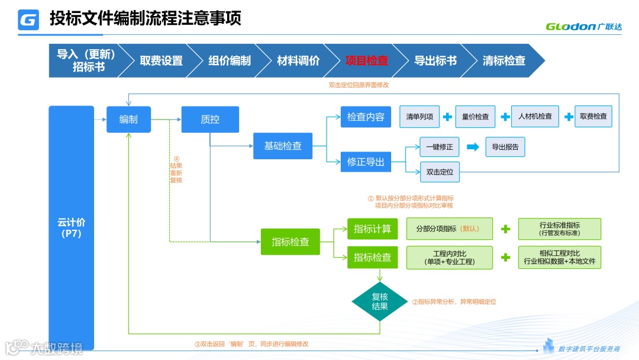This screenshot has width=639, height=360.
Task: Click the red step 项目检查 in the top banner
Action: [x=367, y=60]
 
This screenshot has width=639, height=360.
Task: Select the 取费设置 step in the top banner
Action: [x=161, y=60]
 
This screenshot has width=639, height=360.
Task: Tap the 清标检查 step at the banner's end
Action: [x=504, y=60]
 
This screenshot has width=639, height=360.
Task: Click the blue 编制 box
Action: [x=128, y=120]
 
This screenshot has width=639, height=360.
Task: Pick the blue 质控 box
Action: [x=210, y=120]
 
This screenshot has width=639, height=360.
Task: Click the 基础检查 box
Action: [x=283, y=146]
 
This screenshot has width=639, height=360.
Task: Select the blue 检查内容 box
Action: [x=366, y=117]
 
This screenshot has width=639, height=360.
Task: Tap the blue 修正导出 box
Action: [x=366, y=162]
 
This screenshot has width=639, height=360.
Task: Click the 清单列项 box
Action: [x=419, y=117]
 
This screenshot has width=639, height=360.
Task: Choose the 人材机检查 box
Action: [x=535, y=117]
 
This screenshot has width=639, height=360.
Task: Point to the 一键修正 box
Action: [x=440, y=147]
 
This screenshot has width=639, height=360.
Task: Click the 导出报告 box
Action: [x=505, y=147]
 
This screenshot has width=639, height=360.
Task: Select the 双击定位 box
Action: [x=440, y=172]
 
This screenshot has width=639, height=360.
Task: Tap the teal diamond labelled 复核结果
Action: [x=379, y=301]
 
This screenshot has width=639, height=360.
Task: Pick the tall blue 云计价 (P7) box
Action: [x=72, y=227]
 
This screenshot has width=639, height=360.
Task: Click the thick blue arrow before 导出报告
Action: [x=473, y=147]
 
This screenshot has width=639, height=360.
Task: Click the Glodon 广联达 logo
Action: [x=583, y=26]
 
